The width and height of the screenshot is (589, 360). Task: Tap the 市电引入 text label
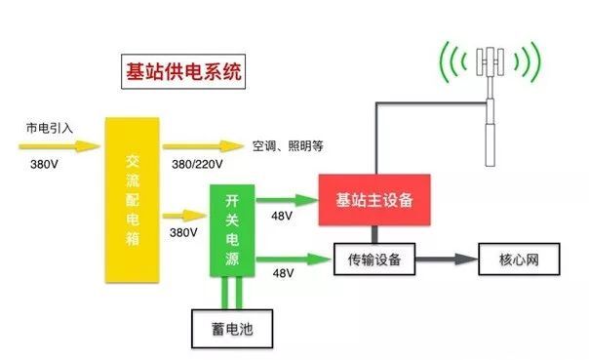point(49,128)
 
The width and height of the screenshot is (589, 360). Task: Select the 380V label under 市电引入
point(45,165)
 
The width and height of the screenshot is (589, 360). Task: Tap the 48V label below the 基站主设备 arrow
point(283,215)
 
